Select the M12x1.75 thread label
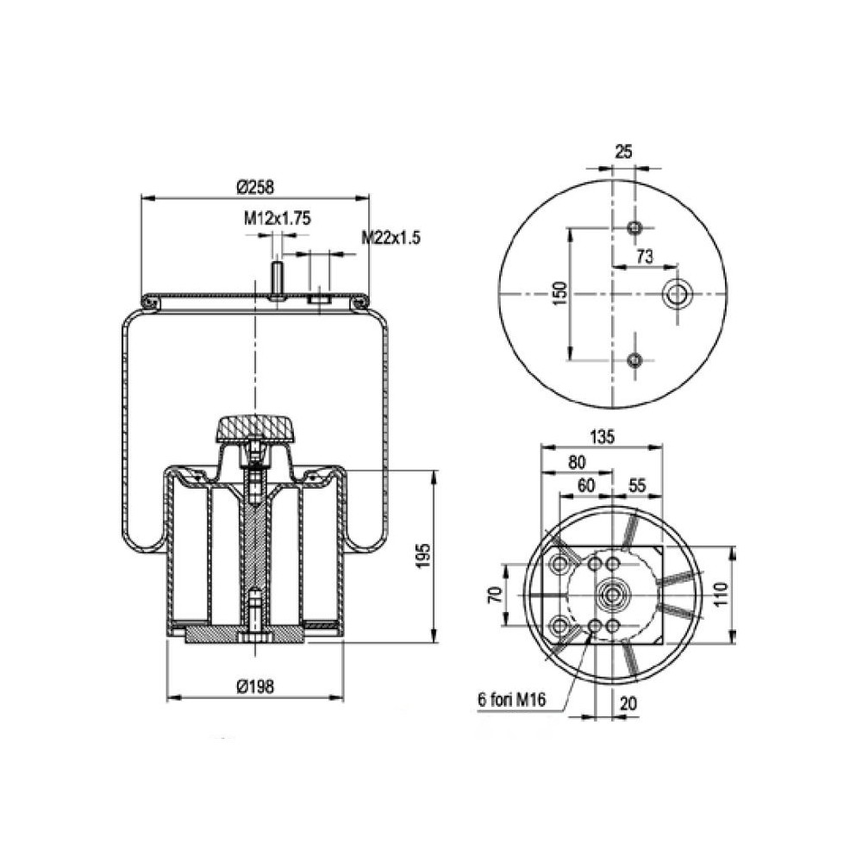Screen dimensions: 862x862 tap(276, 219)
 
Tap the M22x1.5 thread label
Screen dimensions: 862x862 tap(390, 239)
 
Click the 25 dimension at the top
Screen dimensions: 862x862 tap(623, 152)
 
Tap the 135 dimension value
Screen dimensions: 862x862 tap(603, 437)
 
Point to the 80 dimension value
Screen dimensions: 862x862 tap(576, 462)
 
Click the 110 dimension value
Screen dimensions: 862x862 tap(722, 594)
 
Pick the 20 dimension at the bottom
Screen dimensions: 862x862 tap(628, 703)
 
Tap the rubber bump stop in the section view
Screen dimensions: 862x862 tap(254, 428)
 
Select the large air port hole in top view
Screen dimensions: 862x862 tap(676, 295)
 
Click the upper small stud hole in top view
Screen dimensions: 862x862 tap(635, 228)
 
